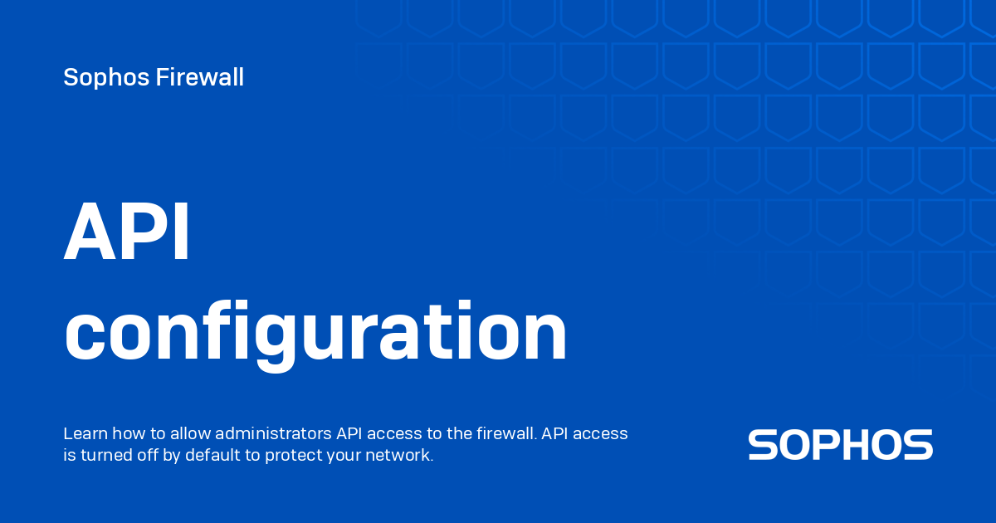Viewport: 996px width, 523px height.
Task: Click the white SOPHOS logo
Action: [x=840, y=445]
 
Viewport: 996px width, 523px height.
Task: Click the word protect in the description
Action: [x=291, y=456]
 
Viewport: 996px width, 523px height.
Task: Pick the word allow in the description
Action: [x=182, y=433]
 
